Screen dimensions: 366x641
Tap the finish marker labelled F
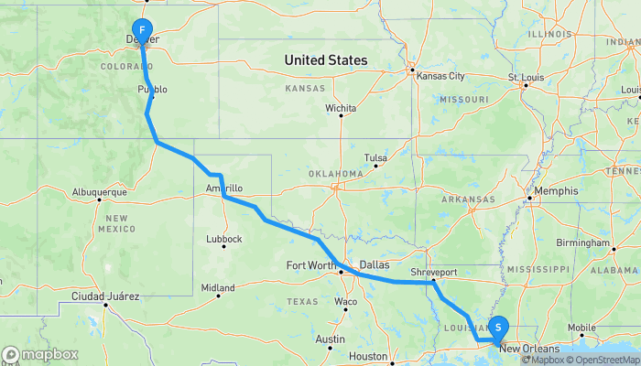click(143, 30)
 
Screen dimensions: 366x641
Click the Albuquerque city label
click(98, 192)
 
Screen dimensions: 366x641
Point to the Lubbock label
click(224, 239)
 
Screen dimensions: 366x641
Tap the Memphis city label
click(558, 191)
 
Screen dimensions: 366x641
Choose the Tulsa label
click(375, 156)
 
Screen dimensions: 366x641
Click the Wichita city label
click(341, 108)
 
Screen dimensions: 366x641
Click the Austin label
click(330, 339)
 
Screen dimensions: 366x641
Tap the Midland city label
click(218, 286)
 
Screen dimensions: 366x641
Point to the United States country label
click(326, 60)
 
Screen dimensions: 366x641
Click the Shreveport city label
click(434, 272)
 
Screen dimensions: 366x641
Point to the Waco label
click(345, 301)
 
